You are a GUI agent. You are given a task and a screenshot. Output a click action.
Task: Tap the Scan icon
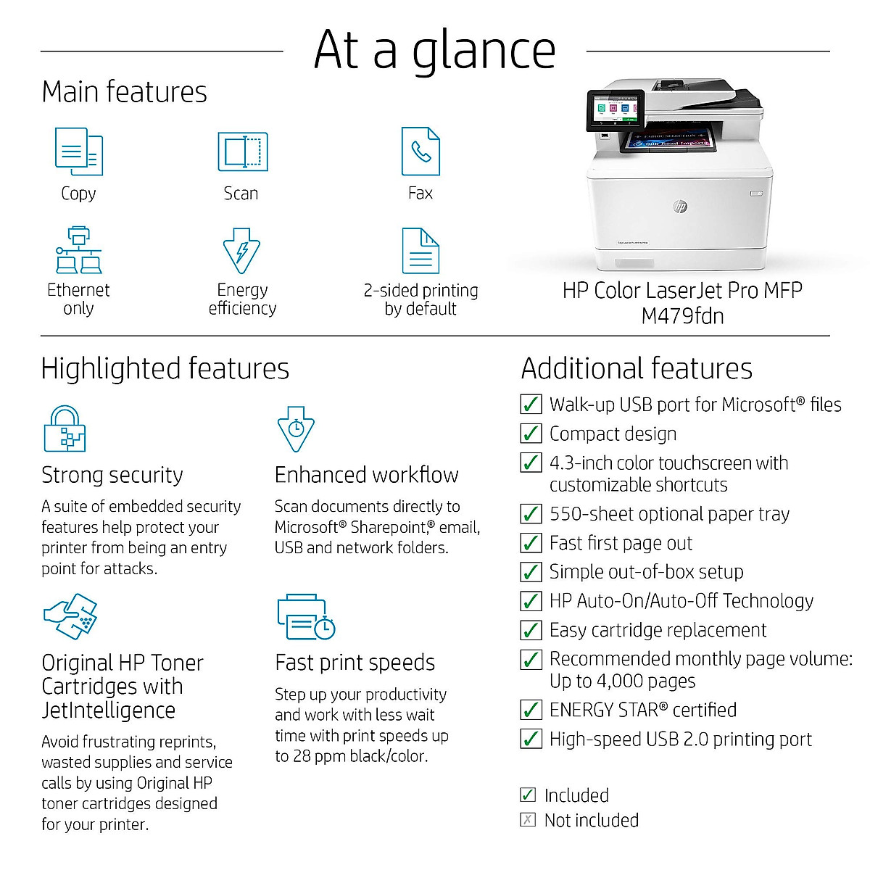coord(243,152)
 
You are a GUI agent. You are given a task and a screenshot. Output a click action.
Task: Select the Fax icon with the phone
coord(420,151)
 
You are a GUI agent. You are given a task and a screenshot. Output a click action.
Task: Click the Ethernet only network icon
coord(78,249)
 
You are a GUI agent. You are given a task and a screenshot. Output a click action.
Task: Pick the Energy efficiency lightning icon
coord(241,251)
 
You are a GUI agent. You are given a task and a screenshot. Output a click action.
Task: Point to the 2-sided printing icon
coord(420,251)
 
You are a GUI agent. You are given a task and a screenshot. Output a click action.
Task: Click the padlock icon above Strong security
coord(65,429)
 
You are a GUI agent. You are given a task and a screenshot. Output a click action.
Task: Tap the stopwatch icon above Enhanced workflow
coord(296,429)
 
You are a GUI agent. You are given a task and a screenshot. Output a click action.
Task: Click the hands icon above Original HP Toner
coord(71,616)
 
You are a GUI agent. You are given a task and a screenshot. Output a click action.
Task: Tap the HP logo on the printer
coord(680,207)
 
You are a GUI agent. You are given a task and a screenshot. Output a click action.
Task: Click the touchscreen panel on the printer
coord(615,110)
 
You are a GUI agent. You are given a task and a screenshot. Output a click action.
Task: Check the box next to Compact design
coord(531,434)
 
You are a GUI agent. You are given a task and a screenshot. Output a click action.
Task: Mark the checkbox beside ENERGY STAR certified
coord(531,710)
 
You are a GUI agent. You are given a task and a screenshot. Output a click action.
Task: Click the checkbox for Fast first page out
coord(531,543)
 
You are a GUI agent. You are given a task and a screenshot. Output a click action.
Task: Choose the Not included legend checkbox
coord(529,820)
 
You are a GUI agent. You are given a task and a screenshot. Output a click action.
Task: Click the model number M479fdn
coord(682,316)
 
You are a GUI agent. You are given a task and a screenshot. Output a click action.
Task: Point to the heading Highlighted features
coord(165,368)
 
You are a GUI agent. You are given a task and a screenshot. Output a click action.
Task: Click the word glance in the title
coord(484,51)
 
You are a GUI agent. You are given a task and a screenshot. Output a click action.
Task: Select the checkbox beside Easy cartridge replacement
coord(531,630)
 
